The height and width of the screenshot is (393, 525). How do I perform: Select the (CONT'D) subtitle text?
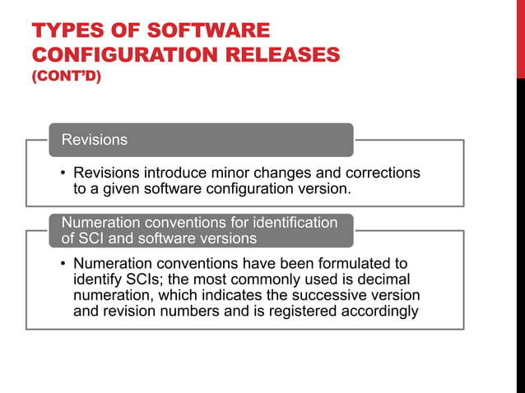[66, 79]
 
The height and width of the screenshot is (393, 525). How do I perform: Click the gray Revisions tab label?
[95, 140]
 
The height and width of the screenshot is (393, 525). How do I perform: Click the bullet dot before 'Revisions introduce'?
[63, 173]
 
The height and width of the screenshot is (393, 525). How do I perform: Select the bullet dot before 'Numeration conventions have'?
[63, 265]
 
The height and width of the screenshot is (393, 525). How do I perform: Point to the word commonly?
[235, 280]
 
